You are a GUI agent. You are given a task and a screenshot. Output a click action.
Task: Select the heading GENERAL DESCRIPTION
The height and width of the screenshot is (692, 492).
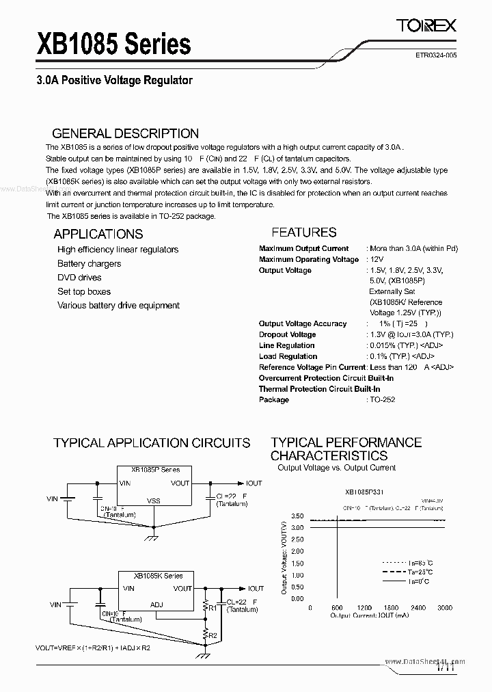click(x=126, y=133)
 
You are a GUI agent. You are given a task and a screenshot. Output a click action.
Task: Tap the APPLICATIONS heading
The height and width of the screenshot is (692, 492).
click(x=98, y=234)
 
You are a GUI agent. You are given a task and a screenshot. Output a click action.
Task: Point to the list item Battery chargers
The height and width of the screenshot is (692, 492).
click(x=89, y=264)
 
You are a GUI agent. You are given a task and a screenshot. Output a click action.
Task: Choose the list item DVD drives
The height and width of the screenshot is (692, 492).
click(x=79, y=278)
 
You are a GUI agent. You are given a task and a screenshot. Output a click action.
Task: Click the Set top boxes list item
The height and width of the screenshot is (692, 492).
click(x=84, y=291)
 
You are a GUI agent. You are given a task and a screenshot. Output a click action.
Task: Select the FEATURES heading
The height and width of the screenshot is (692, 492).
click(x=304, y=232)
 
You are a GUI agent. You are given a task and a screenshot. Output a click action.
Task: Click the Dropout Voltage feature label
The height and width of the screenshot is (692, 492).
click(x=287, y=334)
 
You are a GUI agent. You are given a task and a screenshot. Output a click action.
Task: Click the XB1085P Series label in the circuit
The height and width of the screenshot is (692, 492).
click(x=156, y=470)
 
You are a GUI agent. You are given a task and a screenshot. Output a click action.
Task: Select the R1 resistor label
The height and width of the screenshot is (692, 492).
click(x=212, y=607)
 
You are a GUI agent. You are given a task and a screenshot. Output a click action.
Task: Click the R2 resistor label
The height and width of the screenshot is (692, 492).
click(x=213, y=635)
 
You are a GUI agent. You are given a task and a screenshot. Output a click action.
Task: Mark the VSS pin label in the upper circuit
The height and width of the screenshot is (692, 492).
click(x=154, y=501)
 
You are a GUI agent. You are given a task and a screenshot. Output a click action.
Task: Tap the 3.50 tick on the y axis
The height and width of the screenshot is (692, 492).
click(x=297, y=516)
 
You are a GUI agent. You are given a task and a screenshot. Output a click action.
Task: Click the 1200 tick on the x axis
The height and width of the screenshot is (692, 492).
click(x=364, y=608)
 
